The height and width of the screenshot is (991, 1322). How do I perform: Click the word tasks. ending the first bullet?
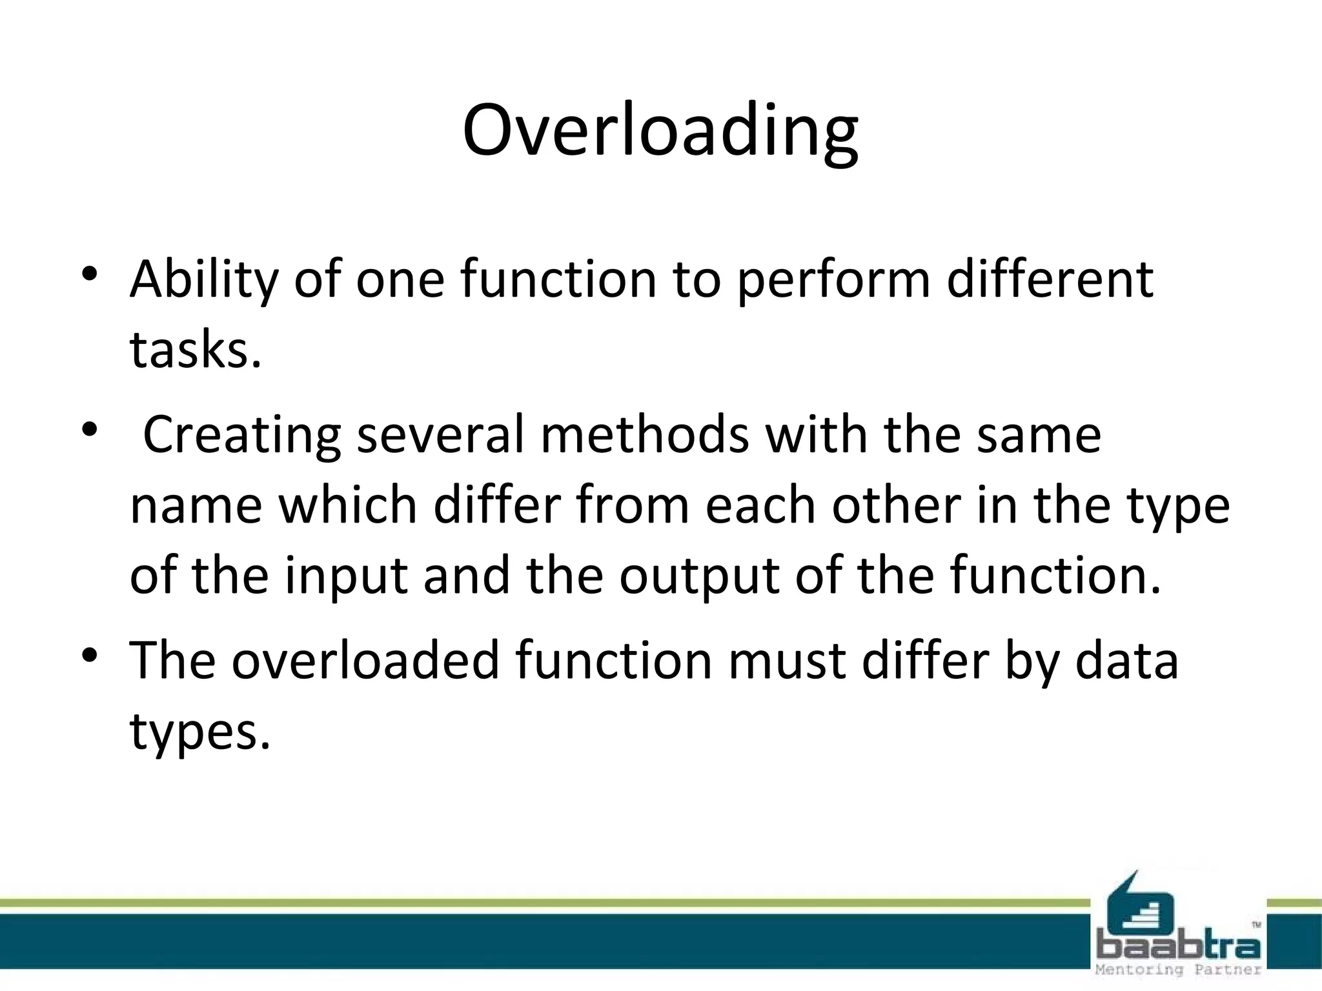(x=196, y=350)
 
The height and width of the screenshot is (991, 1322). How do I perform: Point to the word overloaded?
(x=365, y=661)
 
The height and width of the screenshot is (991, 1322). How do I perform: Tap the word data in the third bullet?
(x=1126, y=661)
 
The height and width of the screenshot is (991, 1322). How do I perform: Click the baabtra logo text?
(x=1178, y=946)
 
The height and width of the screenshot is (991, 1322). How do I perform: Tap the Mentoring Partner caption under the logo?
(x=1178, y=970)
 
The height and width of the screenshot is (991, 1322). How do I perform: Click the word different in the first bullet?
(x=1050, y=280)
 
